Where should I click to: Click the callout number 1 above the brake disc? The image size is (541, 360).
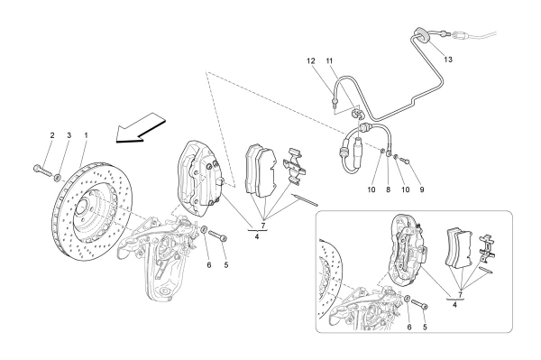pyautogui.click(x=86, y=135)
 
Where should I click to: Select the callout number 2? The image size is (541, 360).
pyautogui.click(x=51, y=135)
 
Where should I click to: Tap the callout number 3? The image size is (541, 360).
pyautogui.click(x=68, y=135)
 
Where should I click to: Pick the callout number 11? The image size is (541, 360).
pyautogui.click(x=330, y=61)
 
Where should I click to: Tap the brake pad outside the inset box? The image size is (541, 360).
pyautogui.click(x=261, y=171)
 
